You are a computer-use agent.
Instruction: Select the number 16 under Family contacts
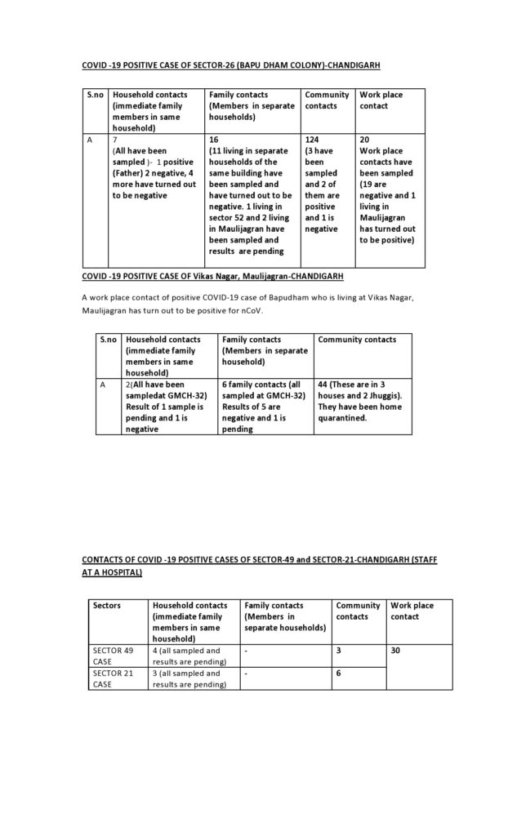pos(214,140)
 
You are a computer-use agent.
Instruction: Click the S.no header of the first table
pos(95,95)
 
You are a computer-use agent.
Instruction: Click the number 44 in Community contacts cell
pos(323,384)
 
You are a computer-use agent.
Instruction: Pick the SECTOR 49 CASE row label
pos(114,656)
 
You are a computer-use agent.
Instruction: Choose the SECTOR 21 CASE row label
pos(114,678)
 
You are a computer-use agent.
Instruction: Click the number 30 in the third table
pos(396,651)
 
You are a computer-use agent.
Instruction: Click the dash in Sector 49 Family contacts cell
pos(246,651)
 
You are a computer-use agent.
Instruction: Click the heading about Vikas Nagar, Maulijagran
pos(206,276)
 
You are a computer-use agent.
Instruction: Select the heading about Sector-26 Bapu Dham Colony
pos(230,64)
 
